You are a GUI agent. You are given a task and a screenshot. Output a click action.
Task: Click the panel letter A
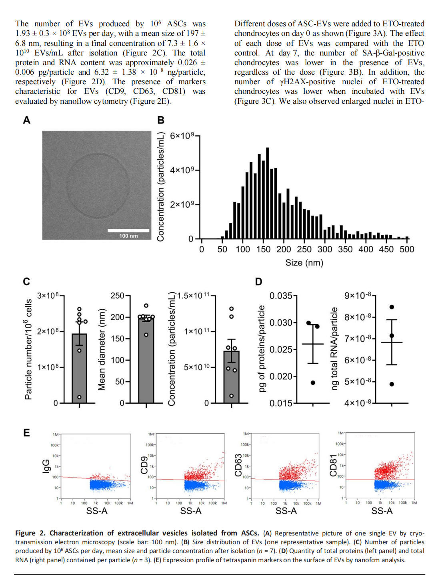(27, 120)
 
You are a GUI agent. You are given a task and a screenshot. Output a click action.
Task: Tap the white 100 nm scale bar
(128, 230)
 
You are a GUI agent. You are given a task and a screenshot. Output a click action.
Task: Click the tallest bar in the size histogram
(267, 193)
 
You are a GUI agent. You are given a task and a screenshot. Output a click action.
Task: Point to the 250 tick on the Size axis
(304, 249)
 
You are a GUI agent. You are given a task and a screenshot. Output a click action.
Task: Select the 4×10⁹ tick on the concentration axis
(182, 170)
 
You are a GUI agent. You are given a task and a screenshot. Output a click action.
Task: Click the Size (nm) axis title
(304, 263)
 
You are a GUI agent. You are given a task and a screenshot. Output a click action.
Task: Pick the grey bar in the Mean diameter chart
(146, 359)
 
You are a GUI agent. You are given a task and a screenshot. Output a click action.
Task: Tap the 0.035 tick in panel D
(281, 296)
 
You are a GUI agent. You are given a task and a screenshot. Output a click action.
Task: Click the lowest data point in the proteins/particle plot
(313, 383)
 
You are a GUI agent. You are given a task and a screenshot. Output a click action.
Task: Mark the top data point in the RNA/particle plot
(392, 307)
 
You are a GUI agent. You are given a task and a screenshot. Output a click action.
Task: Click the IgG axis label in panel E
(46, 466)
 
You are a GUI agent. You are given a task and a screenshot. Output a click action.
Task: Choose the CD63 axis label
(238, 465)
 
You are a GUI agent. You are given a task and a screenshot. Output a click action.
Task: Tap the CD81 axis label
(333, 465)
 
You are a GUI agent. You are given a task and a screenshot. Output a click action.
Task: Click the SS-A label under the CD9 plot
(191, 511)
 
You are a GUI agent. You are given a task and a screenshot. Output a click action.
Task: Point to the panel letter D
(259, 282)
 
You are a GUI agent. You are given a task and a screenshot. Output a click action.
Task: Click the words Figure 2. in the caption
(30, 533)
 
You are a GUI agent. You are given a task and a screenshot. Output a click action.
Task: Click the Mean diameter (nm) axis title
(102, 349)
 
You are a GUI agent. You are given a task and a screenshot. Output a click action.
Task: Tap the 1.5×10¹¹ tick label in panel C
(194, 296)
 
